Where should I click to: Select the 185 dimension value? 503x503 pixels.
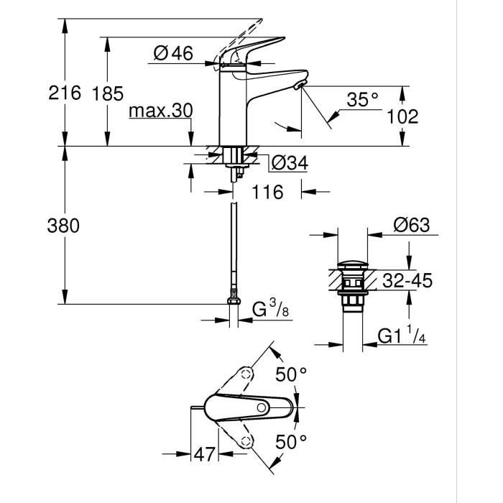[107, 93]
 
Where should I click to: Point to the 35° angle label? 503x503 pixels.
[362, 101]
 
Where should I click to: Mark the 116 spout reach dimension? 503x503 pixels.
[267, 193]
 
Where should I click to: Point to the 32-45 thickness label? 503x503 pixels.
[406, 281]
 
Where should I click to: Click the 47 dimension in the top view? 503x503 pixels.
[206, 455]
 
